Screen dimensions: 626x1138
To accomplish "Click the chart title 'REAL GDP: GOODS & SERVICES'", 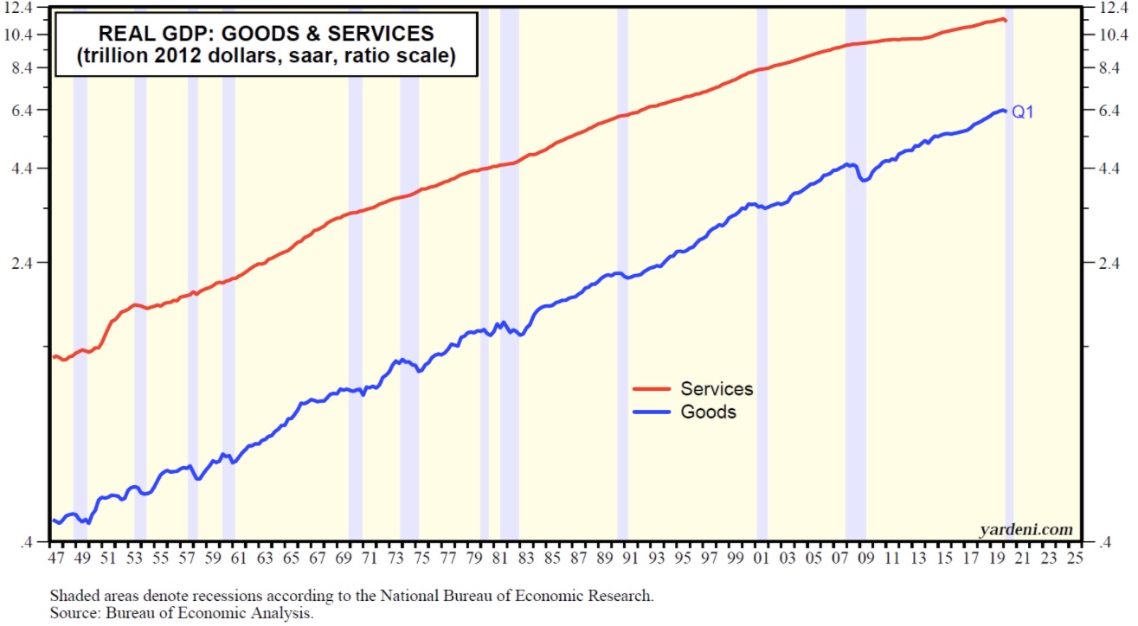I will (x=266, y=34).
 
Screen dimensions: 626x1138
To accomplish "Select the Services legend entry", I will (x=716, y=389).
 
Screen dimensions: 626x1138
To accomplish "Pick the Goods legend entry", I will (x=708, y=412).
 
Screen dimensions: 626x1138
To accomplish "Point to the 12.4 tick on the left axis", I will (x=27, y=9).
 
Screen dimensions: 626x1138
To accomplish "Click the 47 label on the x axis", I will (x=56, y=559).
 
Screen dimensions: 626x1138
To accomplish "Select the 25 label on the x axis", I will (x=1076, y=559).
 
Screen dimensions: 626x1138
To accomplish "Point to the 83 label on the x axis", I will (x=526, y=559).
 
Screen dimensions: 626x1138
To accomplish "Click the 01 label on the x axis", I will (x=762, y=559).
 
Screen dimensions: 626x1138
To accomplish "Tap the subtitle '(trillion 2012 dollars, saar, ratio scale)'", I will (x=266, y=57).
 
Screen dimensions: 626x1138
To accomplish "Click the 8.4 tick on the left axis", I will (x=29, y=68).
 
